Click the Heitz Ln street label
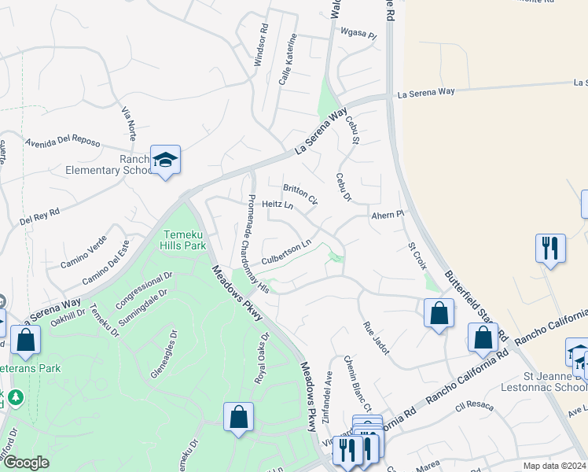coord(277,205)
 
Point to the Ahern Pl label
coord(387,214)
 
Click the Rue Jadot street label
coord(376,338)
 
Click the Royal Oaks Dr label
coord(262,358)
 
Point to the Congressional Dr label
coord(144,290)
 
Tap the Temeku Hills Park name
coord(184,240)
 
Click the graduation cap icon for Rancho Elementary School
coord(165,161)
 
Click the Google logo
coord(26,463)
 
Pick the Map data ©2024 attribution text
coord(554,466)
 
